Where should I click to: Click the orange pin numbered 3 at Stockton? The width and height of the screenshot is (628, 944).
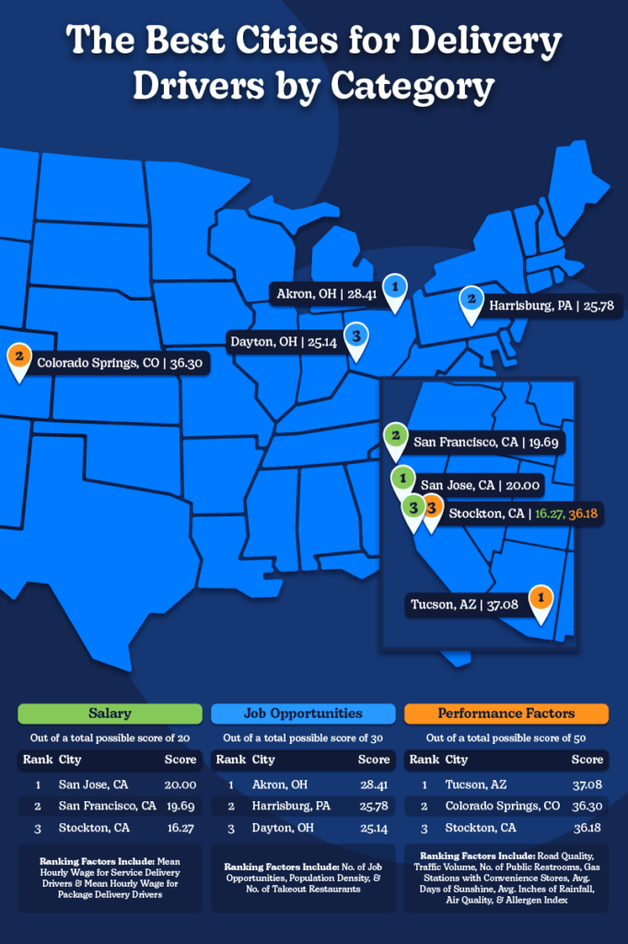[431, 509]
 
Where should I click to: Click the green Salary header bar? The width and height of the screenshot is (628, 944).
[110, 713]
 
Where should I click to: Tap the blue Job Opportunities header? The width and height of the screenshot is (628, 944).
[303, 713]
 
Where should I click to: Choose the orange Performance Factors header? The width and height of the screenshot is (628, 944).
[506, 713]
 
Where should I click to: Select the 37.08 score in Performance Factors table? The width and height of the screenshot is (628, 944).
[587, 785]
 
